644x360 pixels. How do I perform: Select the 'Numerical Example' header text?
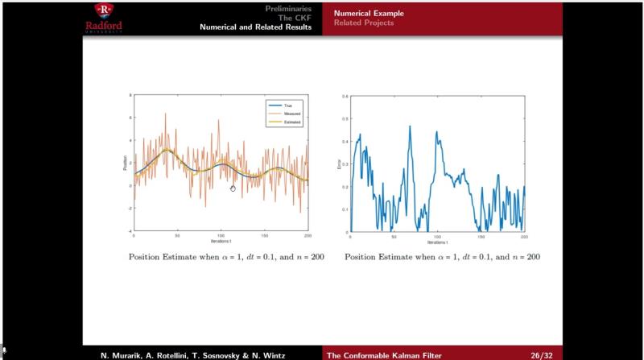pyautogui.click(x=369, y=13)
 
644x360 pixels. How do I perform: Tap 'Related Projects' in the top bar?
pyautogui.click(x=364, y=23)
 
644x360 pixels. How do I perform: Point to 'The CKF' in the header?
pyautogui.click(x=296, y=17)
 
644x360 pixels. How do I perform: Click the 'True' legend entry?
pyautogui.click(x=287, y=106)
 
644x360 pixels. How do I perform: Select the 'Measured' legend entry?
pyautogui.click(x=291, y=114)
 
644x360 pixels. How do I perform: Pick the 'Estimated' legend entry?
pyautogui.click(x=291, y=122)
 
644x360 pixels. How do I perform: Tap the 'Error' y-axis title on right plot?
pyautogui.click(x=338, y=163)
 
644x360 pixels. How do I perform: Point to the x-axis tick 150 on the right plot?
pyautogui.click(x=481, y=236)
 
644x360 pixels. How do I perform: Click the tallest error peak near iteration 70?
pyautogui.click(x=410, y=126)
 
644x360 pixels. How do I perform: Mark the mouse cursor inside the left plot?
pyautogui.click(x=233, y=188)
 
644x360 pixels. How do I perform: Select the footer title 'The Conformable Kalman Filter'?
pyautogui.click(x=378, y=354)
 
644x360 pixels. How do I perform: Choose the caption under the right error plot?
pyautogui.click(x=442, y=257)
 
